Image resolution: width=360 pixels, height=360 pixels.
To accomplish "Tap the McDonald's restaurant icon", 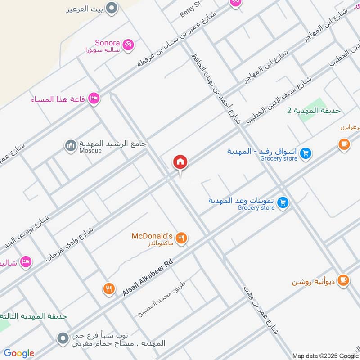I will point(181,238).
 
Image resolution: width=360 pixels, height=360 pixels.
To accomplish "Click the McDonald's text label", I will point(152,236).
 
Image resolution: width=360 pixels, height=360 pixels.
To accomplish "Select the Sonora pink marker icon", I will point(128,45).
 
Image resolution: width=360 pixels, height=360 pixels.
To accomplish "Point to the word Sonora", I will point(107,43).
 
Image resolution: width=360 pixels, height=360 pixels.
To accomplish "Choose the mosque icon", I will point(70,145).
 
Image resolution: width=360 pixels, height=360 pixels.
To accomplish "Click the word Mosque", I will point(90,151).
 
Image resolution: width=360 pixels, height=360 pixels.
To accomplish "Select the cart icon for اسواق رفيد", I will point(306,153).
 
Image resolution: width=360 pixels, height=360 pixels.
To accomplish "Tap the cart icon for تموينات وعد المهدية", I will point(283,202).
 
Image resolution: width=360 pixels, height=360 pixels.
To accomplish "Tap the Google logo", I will point(19,353).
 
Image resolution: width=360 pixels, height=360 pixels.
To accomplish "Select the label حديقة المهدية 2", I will point(314,111).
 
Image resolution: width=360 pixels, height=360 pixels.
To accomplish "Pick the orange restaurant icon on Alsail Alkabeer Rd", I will point(108,288).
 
